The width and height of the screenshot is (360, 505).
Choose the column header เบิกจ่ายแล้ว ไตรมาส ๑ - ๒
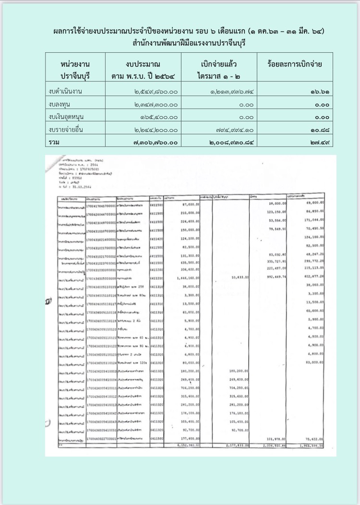tap(218, 70)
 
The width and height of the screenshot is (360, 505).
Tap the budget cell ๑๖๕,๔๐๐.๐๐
tap(159, 117)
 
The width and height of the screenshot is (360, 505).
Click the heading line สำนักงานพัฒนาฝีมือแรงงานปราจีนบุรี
tap(180, 43)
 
